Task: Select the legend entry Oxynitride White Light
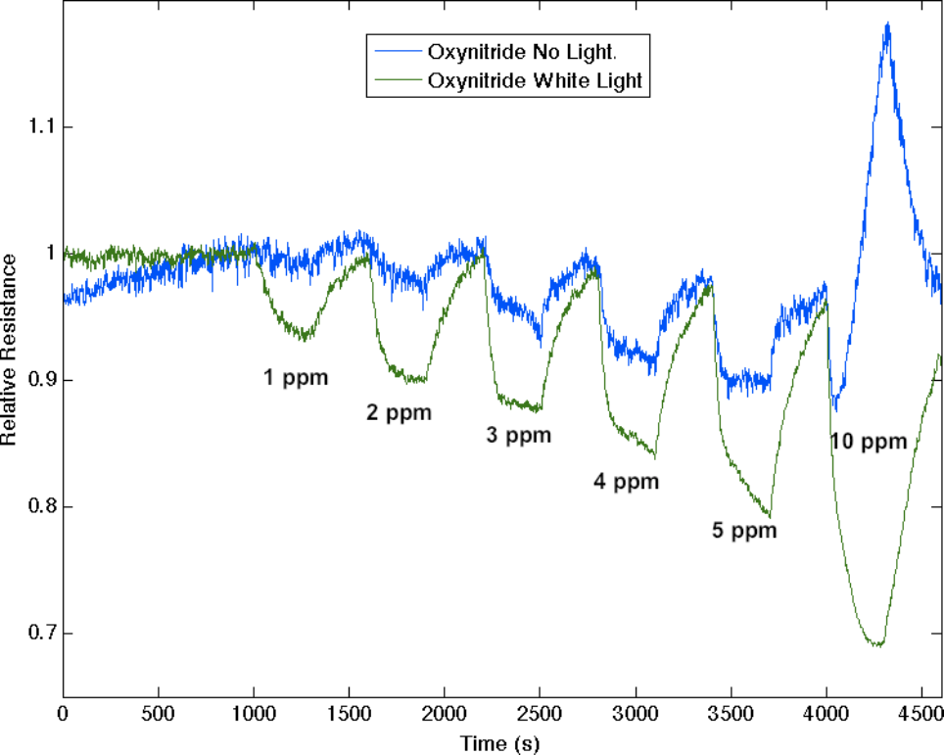pyautogui.click(x=535, y=81)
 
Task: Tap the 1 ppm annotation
pyautogui.click(x=295, y=377)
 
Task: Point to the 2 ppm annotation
pyautogui.click(x=399, y=412)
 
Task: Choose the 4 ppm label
pyautogui.click(x=627, y=481)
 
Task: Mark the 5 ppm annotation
pyautogui.click(x=744, y=531)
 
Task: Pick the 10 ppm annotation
pyautogui.click(x=870, y=441)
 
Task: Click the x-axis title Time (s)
pyautogui.click(x=503, y=743)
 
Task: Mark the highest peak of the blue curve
pyautogui.click(x=887, y=24)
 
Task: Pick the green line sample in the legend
pyautogui.click(x=394, y=81)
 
